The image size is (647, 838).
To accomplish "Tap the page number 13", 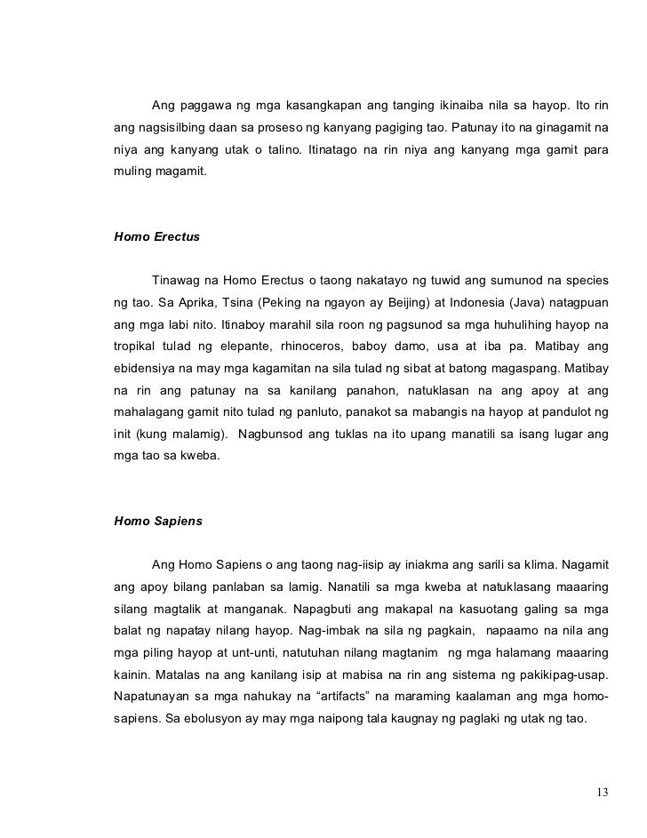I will [603, 793].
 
